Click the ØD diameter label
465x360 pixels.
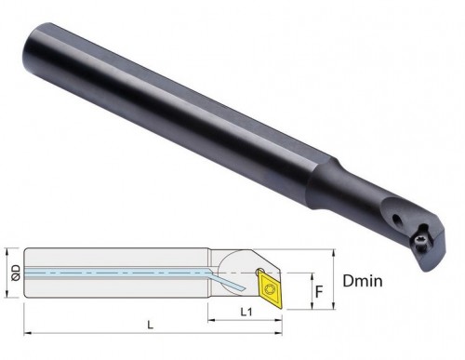[x=10, y=273]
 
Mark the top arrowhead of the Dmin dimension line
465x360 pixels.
[x=334, y=252]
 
